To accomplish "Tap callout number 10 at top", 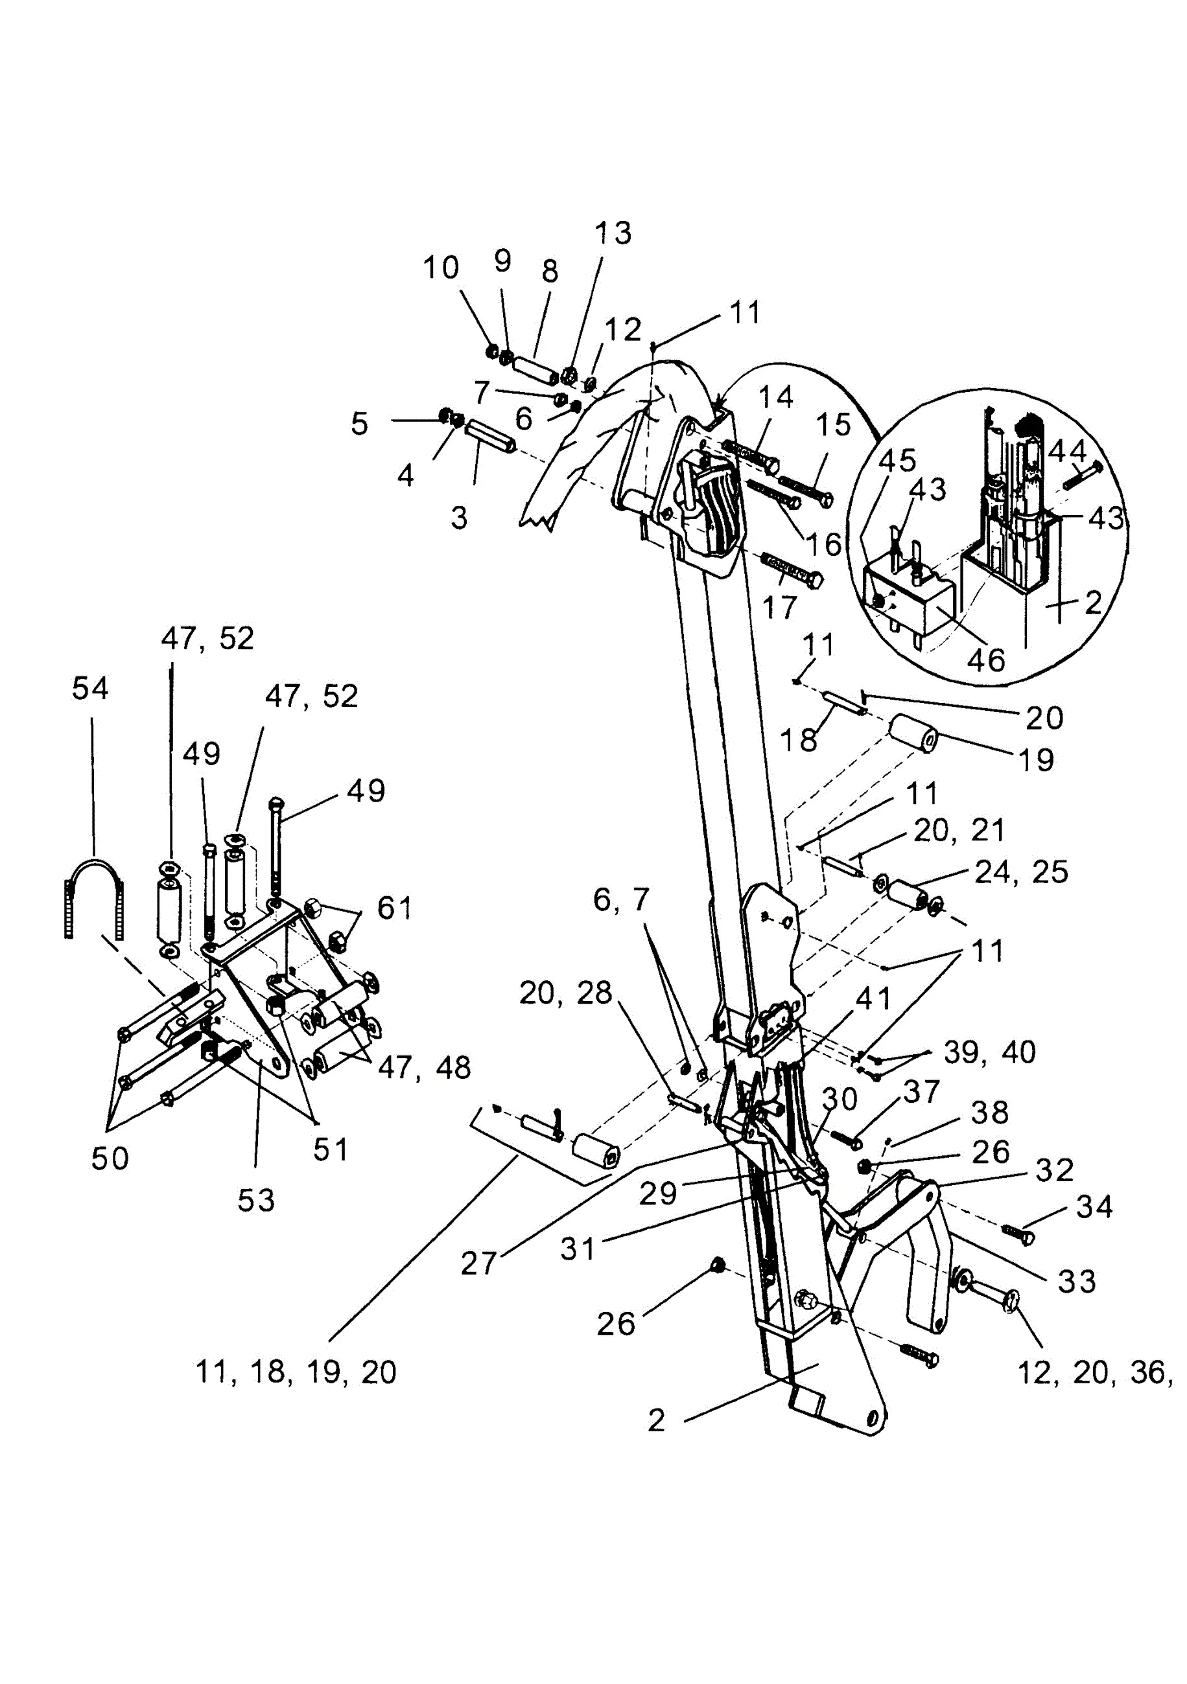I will [441, 268].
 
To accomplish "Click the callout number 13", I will [613, 233].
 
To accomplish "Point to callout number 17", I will [779, 607].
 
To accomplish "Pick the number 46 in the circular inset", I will [985, 660].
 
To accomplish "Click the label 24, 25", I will [1020, 872].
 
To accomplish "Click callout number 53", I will [256, 1200].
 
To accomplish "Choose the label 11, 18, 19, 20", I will [296, 1372].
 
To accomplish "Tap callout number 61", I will [394, 908].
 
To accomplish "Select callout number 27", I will [478, 1263].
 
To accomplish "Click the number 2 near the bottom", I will [656, 1421].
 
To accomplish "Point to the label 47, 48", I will [424, 1068].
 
